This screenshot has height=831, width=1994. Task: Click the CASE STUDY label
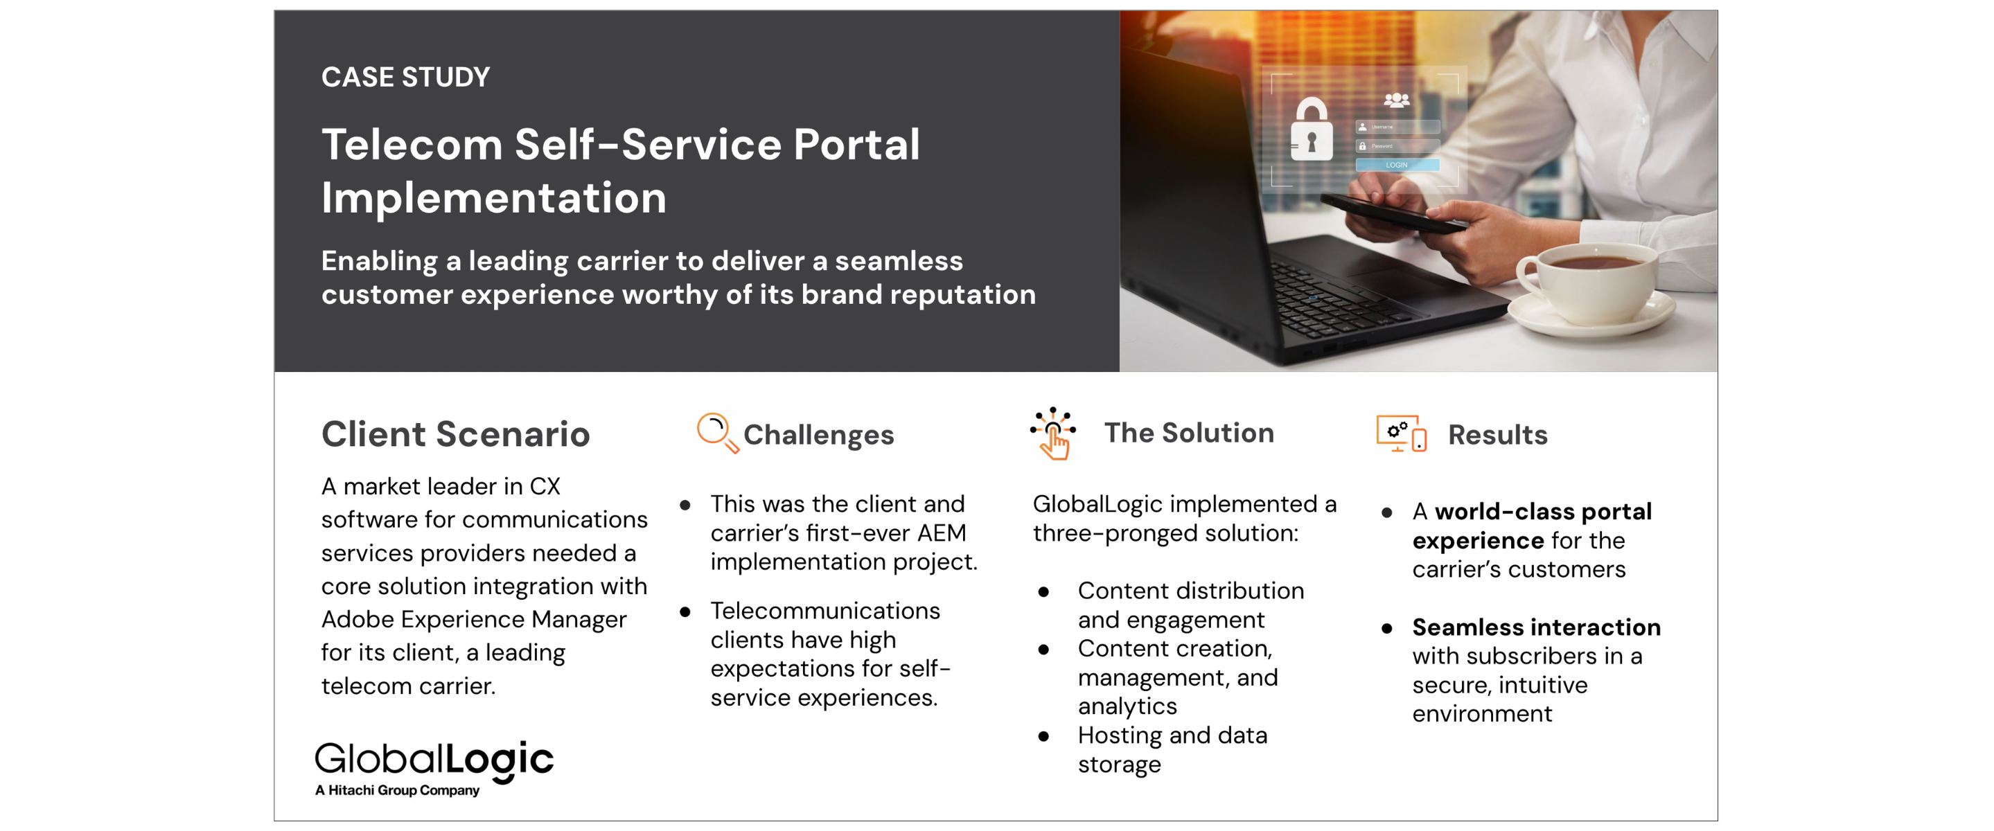coord(405,77)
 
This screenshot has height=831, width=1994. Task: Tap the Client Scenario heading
coord(456,434)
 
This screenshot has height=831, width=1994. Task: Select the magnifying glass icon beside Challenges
coord(718,434)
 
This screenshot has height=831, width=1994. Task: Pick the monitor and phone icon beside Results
coord(1402,434)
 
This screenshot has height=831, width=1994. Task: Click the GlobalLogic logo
coord(434,760)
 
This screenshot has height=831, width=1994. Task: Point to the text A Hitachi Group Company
coord(397,790)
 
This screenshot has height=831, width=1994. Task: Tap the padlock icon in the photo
coord(1312,129)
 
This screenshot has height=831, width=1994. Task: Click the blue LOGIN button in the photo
coord(1397,165)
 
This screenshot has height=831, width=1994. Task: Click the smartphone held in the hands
coord(1393,211)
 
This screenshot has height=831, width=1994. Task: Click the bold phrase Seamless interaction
coord(1537,627)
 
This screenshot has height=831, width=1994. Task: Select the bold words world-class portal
coord(1544,512)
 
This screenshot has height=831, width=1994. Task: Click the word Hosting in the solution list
coord(1120,735)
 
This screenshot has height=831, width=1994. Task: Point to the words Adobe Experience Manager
coord(474,619)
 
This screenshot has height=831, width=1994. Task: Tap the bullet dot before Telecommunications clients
coord(685,611)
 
